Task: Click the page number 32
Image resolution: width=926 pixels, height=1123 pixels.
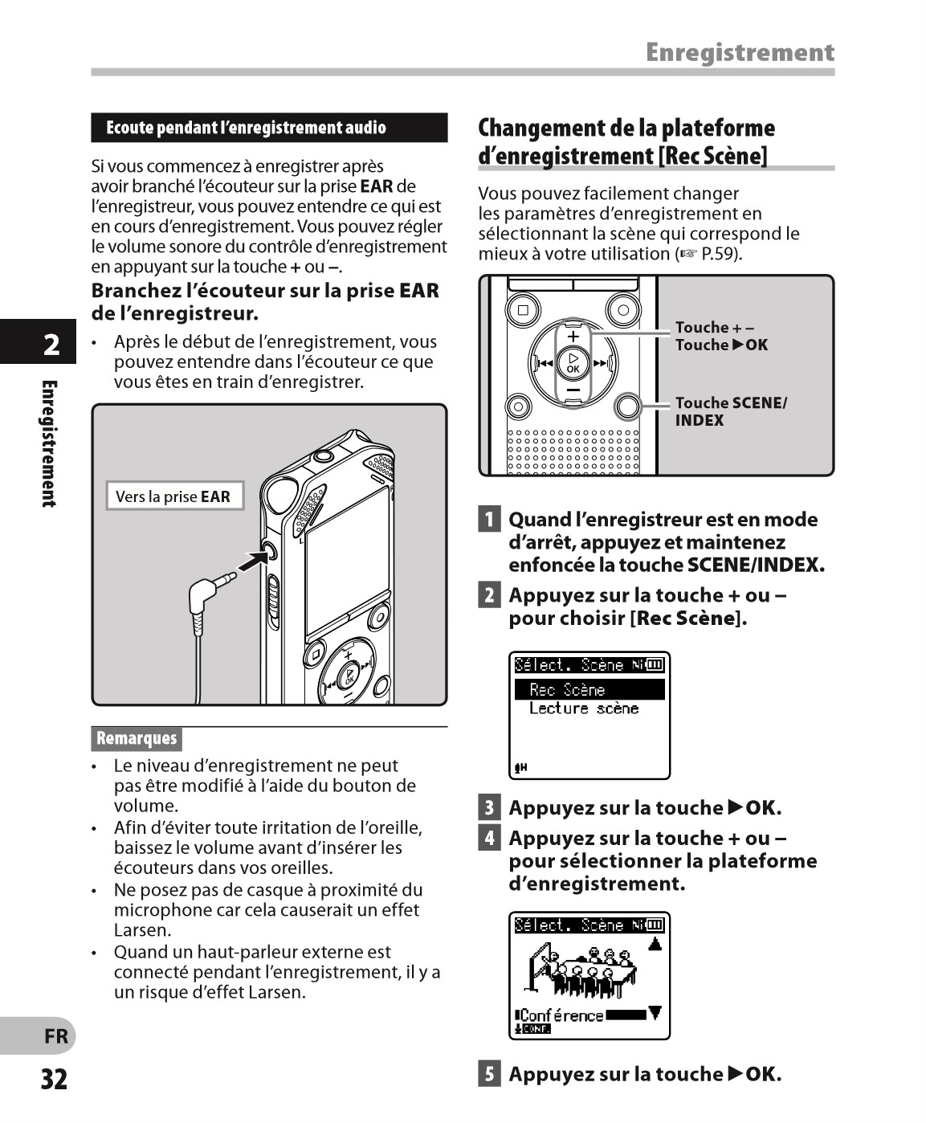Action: coord(55,1079)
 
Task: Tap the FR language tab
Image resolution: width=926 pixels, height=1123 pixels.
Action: coord(55,1036)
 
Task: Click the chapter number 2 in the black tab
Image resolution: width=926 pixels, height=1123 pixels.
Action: coord(51,345)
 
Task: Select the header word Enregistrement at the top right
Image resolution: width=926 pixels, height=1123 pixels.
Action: coord(740,53)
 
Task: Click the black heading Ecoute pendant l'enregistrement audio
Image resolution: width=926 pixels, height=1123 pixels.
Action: coord(246,128)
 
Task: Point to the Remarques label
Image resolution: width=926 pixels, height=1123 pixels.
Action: coord(137,738)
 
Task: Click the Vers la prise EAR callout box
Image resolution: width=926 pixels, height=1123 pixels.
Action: coord(173,496)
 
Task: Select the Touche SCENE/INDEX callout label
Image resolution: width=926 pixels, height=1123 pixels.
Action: coord(731,411)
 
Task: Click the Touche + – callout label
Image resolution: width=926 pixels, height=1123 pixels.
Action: coord(714,327)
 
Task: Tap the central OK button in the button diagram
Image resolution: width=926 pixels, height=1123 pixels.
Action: coord(573,363)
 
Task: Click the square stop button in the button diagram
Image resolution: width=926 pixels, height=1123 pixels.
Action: coord(523,310)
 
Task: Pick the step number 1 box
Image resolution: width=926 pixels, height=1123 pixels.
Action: coord(488,519)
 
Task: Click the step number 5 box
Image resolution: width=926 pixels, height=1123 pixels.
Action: coord(488,1073)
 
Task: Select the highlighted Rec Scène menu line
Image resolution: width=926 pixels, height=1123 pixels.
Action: coord(589,690)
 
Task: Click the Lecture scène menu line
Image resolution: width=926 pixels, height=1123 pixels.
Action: coord(584,709)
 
